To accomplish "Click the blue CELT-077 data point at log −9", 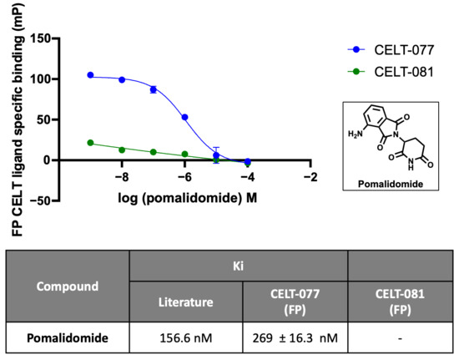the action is pos(90,75).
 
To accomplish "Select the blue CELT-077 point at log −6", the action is pos(184,117).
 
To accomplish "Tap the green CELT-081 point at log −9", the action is pos(90,143).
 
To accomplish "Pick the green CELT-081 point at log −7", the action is pos(153,152).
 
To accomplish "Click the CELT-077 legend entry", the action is pos(391,50).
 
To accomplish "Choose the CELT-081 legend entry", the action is pos(391,72).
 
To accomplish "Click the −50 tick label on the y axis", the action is pos(40,201).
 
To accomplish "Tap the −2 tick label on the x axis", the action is pos(310,177).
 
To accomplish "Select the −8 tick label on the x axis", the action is pos(122,177).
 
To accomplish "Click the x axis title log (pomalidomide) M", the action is pos(187,198).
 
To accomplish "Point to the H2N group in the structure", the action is pos(355,134).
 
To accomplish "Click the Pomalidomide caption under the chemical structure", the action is pos(391,184).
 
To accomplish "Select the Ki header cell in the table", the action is pos(239,266).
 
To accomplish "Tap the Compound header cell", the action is pos(68,286).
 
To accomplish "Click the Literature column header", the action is pos(186,302).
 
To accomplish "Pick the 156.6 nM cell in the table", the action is pos(186,338).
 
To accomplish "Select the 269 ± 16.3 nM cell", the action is pos(295,338).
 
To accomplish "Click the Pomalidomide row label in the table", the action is pos(68,338).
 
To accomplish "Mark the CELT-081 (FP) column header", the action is pos(400,302).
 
